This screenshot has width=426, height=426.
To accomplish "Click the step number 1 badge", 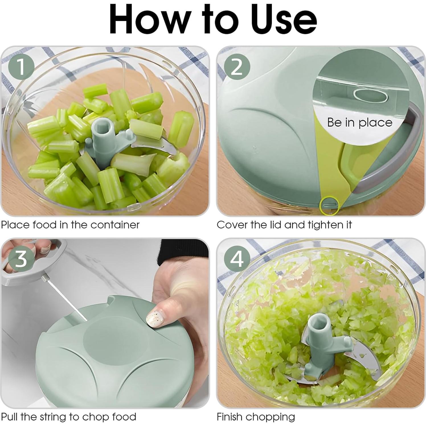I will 21,67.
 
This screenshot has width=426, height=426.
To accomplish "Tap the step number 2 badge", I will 237,67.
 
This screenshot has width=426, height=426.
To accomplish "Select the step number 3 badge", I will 21,259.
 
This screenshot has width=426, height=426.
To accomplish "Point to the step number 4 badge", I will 237,259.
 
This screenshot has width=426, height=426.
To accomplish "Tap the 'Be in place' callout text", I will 359,122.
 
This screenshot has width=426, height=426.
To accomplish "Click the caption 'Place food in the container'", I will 70,225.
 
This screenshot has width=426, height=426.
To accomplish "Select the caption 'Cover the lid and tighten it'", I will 284,225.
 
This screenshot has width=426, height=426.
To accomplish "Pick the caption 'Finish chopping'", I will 255,417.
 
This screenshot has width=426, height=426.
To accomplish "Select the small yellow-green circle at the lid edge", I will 329,205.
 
